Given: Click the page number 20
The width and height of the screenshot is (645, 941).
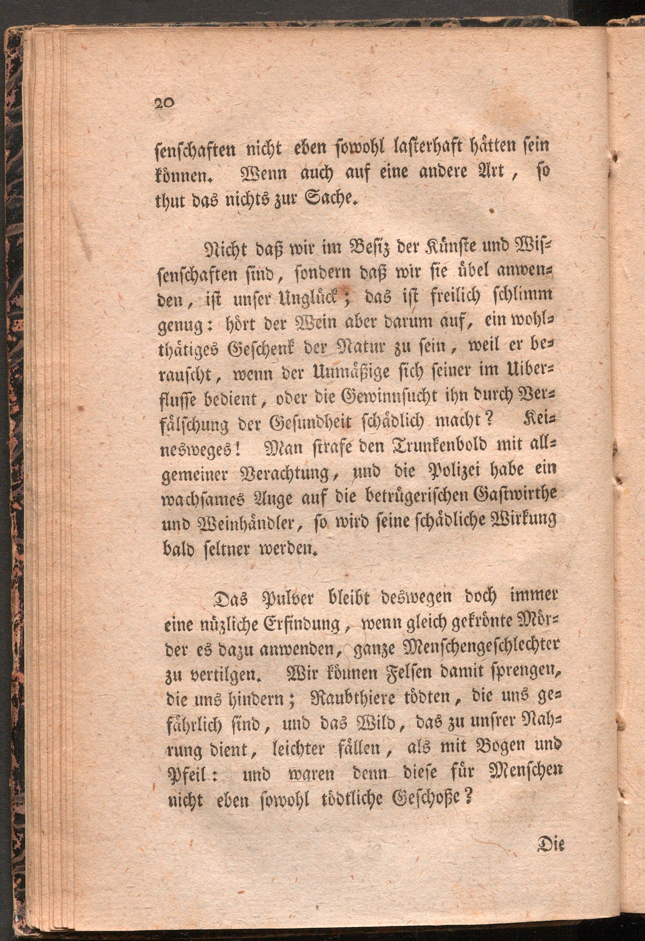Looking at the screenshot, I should click(x=164, y=103).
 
